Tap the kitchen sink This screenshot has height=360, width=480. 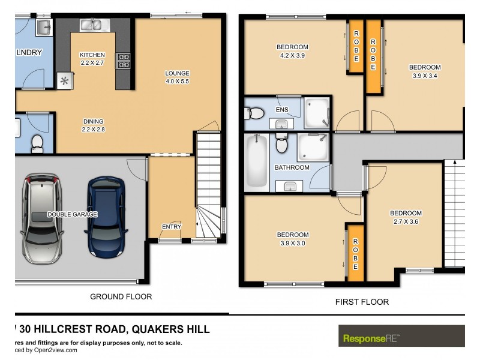click(92, 25)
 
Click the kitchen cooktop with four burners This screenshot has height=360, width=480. click(123, 61)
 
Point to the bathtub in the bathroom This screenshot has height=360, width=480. click(256, 160)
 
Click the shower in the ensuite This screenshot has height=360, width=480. click(316, 113)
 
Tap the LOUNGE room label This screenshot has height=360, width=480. click(177, 74)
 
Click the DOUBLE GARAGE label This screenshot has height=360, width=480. click(73, 214)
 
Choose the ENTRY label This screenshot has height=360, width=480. click(171, 226)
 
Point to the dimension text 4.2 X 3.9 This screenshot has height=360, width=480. click(292, 55)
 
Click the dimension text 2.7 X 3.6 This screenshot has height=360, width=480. click(406, 221)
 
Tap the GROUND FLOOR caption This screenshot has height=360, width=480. click(121, 296)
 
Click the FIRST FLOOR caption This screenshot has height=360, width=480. click(361, 302)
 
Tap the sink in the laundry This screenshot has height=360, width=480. click(43, 27)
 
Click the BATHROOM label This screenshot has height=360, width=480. click(292, 167)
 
